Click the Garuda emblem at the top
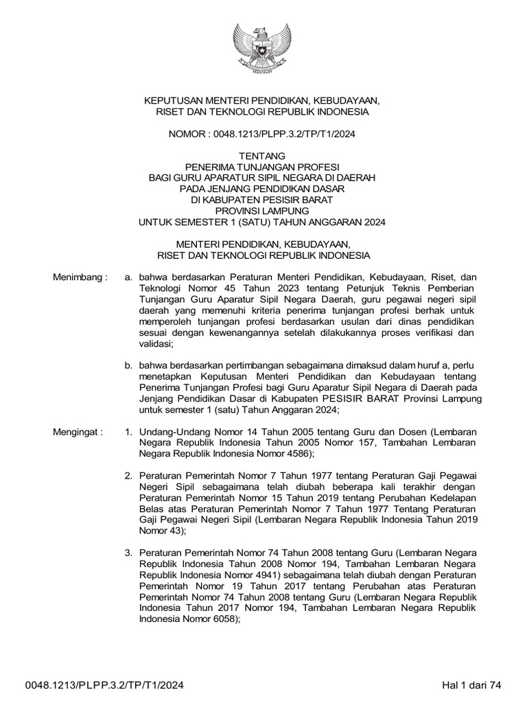point(263,51)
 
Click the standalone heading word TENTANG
point(262,156)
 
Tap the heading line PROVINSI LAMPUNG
point(262,211)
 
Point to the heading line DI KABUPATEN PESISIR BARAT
point(262,200)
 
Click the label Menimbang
point(80,277)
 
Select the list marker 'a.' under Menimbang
point(128,277)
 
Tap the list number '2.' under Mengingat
point(128,475)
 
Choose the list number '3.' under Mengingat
point(128,553)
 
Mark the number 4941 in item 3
point(261,575)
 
